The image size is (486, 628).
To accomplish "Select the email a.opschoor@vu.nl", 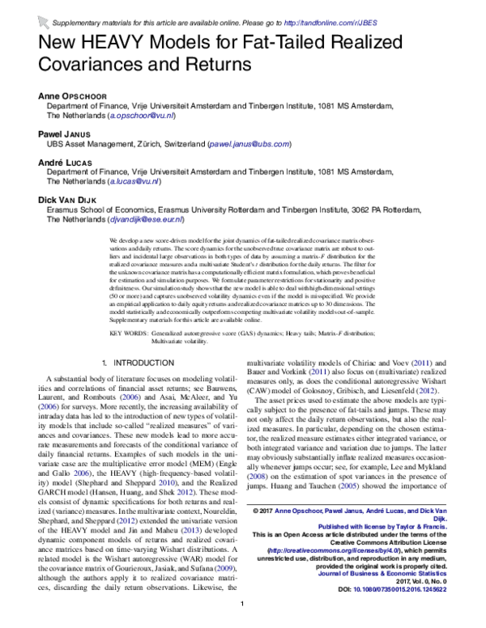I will tap(138, 116).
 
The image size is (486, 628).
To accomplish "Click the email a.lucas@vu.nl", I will tap(130, 182).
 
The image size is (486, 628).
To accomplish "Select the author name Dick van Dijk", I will tap(69, 198).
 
